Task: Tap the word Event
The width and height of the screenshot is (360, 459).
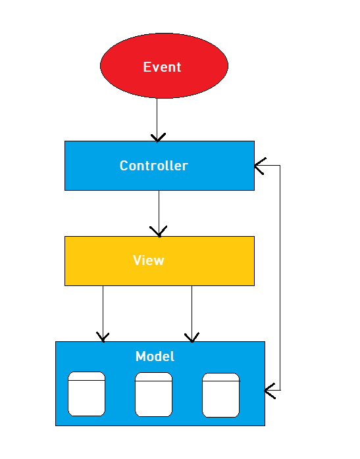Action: [162, 67]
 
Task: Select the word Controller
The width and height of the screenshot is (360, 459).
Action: [153, 166]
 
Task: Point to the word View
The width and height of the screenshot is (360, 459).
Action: [148, 260]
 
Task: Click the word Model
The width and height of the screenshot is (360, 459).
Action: [155, 356]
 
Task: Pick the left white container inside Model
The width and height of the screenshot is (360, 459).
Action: [87, 395]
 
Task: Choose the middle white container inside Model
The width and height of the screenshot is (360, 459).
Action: [153, 395]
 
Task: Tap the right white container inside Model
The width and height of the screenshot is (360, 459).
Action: [220, 395]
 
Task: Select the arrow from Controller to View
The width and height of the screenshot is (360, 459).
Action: [159, 210]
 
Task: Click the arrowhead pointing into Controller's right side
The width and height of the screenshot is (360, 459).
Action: [259, 166]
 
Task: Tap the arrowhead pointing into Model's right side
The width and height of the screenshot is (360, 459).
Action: [269, 391]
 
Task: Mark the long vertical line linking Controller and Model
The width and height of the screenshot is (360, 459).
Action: [280, 276]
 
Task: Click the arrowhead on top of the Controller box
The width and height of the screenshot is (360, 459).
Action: [157, 137]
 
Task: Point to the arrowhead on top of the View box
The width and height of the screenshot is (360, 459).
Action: [159, 232]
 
